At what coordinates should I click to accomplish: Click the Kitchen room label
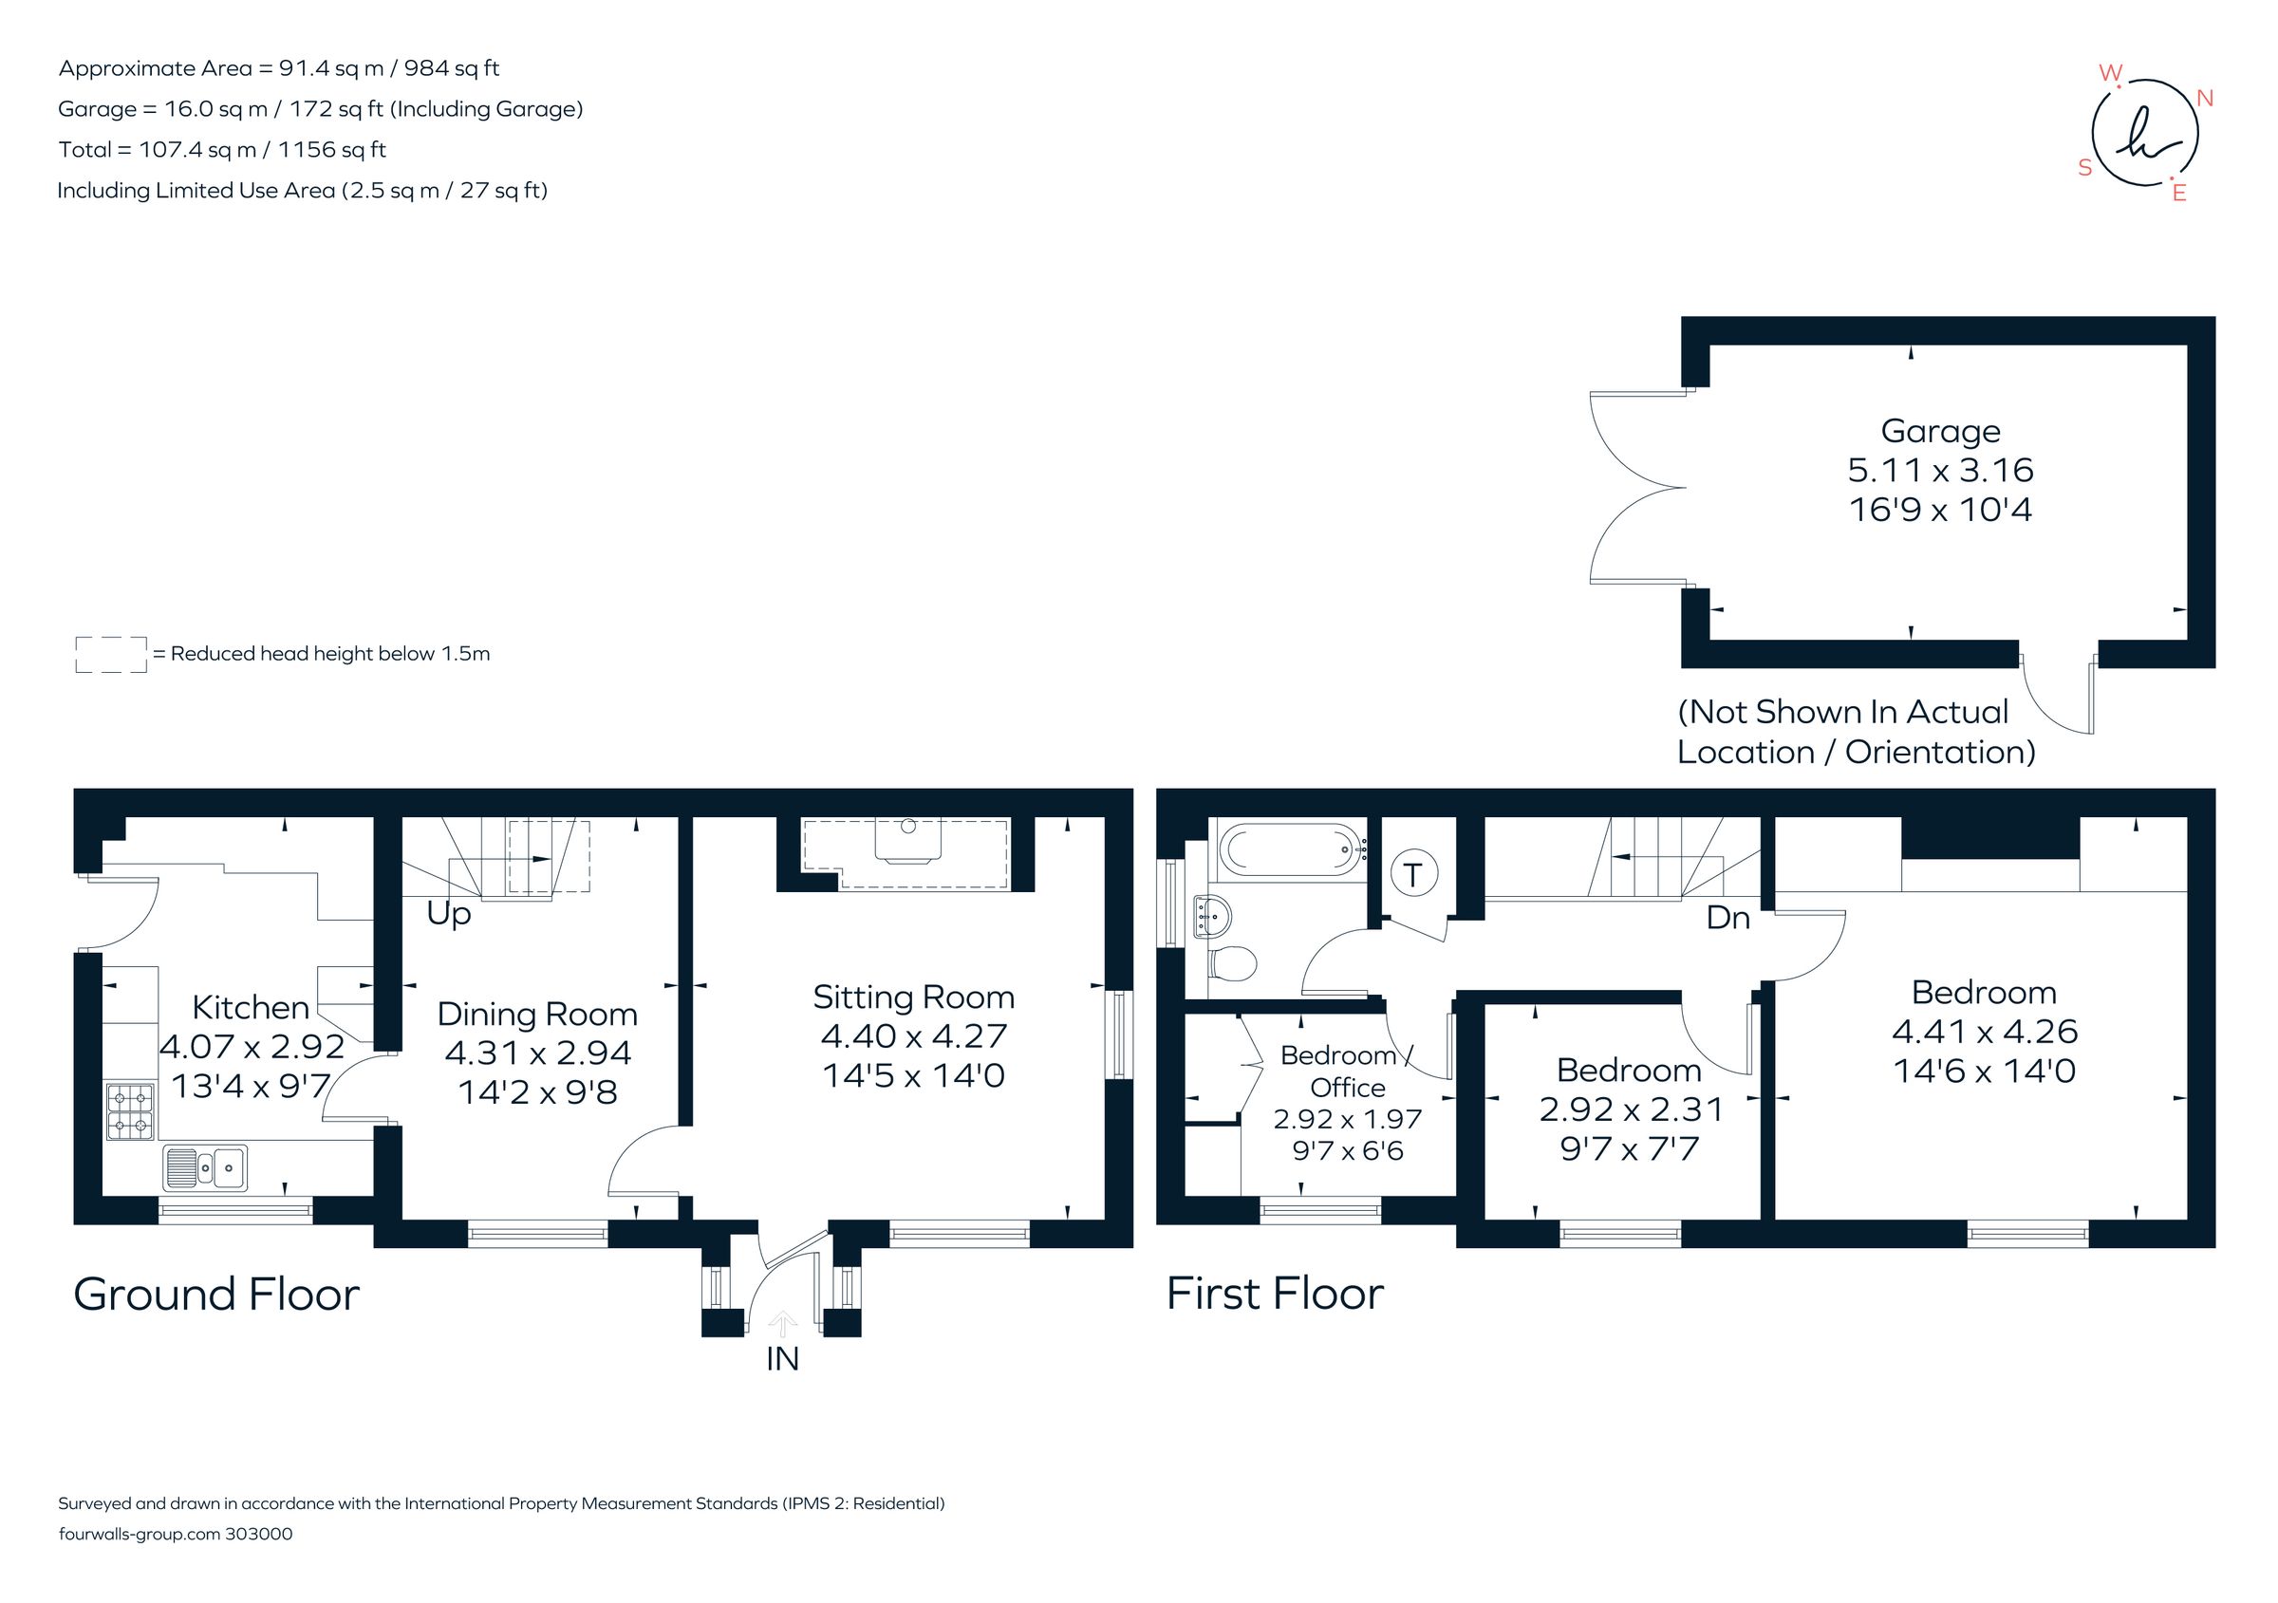(250, 1007)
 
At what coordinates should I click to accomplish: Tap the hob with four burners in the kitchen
(131, 1111)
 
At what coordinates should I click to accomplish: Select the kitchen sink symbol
(205, 1167)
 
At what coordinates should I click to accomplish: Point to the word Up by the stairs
(448, 914)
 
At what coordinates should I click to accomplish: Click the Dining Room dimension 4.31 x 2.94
(538, 1053)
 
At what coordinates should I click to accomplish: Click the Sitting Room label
(913, 997)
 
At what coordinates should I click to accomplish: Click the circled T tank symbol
(1414, 875)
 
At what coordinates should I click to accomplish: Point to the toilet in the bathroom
(1232, 962)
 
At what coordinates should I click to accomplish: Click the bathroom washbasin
(1211, 915)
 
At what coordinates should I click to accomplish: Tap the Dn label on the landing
(1727, 919)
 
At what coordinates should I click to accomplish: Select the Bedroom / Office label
(1346, 1072)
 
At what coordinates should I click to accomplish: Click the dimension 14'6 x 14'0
(1985, 1072)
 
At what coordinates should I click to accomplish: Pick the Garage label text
(1940, 432)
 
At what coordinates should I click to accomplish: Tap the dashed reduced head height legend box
(111, 655)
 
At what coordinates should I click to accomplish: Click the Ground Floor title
(216, 1295)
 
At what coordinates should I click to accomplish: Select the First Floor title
(1274, 1294)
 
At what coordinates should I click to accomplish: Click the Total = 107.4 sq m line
(222, 150)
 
